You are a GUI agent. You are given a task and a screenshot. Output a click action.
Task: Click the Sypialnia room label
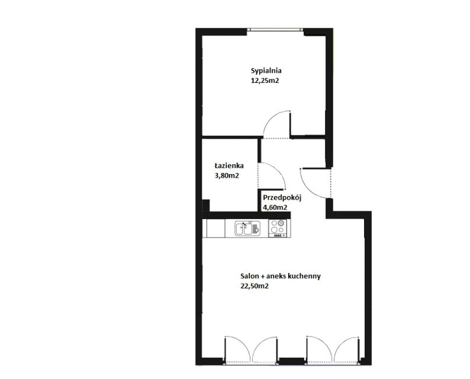pyautogui.click(x=266, y=72)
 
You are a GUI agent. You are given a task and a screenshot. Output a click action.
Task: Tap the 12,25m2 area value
pyautogui.click(x=265, y=81)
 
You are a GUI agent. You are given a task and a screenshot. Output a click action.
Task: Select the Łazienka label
pyautogui.click(x=229, y=165)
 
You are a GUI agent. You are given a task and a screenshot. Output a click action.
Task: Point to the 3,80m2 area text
pyautogui.click(x=227, y=176)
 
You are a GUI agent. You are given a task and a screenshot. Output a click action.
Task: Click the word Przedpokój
pyautogui.click(x=282, y=198)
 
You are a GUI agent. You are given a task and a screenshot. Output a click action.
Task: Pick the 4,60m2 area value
pyautogui.click(x=275, y=207)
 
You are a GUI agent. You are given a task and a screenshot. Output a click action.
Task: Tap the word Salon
pyautogui.click(x=249, y=276)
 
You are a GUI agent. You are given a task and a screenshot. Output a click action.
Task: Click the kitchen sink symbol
pyautogui.click(x=247, y=229)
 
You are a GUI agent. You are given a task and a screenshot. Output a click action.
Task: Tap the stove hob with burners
pyautogui.click(x=277, y=229)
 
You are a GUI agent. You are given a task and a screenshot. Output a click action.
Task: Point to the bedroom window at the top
pyautogui.click(x=276, y=30)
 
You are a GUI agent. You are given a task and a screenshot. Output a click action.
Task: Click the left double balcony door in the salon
pyautogui.click(x=251, y=349)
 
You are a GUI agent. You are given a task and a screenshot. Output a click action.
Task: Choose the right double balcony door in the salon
pyautogui.click(x=332, y=349)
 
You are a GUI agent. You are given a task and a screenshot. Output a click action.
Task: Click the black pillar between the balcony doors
pyautogui.click(x=292, y=361)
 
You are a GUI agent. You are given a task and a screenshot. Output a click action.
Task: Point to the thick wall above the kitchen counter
pyautogui.click(x=246, y=216)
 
